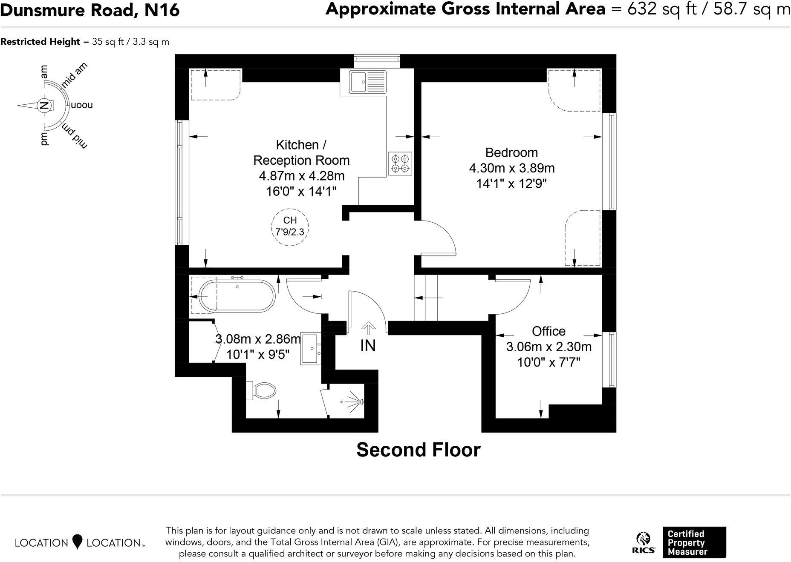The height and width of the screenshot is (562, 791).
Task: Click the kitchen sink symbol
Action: pos(367,82)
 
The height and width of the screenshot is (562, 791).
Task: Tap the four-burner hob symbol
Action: pos(400,163)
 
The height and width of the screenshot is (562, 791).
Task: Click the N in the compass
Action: pos(43,105)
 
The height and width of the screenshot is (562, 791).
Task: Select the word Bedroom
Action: pos(511,152)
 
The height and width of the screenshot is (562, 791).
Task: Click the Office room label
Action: pos(549,331)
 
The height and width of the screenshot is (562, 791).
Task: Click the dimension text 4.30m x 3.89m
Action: pos(511,168)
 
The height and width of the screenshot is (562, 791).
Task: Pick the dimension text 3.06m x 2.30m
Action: pos(549,347)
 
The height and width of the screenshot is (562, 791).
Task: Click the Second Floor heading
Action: pos(418,450)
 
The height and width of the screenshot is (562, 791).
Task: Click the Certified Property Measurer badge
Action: pos(694,542)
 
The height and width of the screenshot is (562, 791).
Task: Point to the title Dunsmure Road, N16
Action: pos(90,10)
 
